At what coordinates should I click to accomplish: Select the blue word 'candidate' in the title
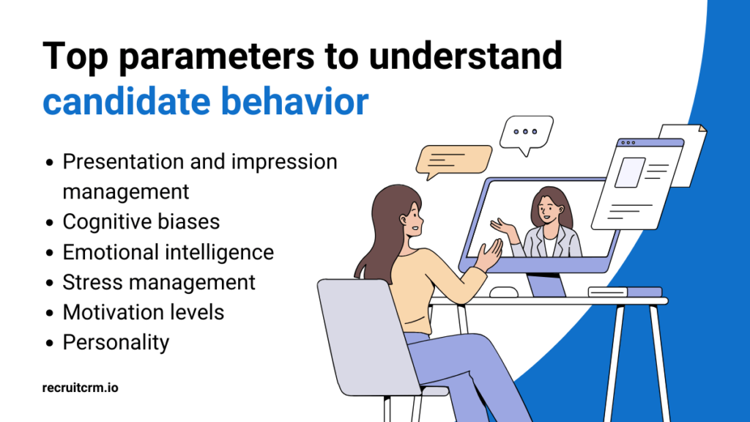pos(127,103)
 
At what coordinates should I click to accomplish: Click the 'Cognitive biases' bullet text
pos(141,221)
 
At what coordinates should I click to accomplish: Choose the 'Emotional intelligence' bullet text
pos(168,252)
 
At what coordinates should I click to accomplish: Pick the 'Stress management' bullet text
pos(159,282)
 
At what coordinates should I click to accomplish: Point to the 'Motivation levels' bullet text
pos(143,312)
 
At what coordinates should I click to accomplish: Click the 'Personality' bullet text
pos(116,342)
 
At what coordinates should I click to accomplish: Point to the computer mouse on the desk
pos(504,292)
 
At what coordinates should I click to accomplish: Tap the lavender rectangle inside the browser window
pos(629,173)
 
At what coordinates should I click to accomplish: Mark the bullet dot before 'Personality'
pos(50,343)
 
